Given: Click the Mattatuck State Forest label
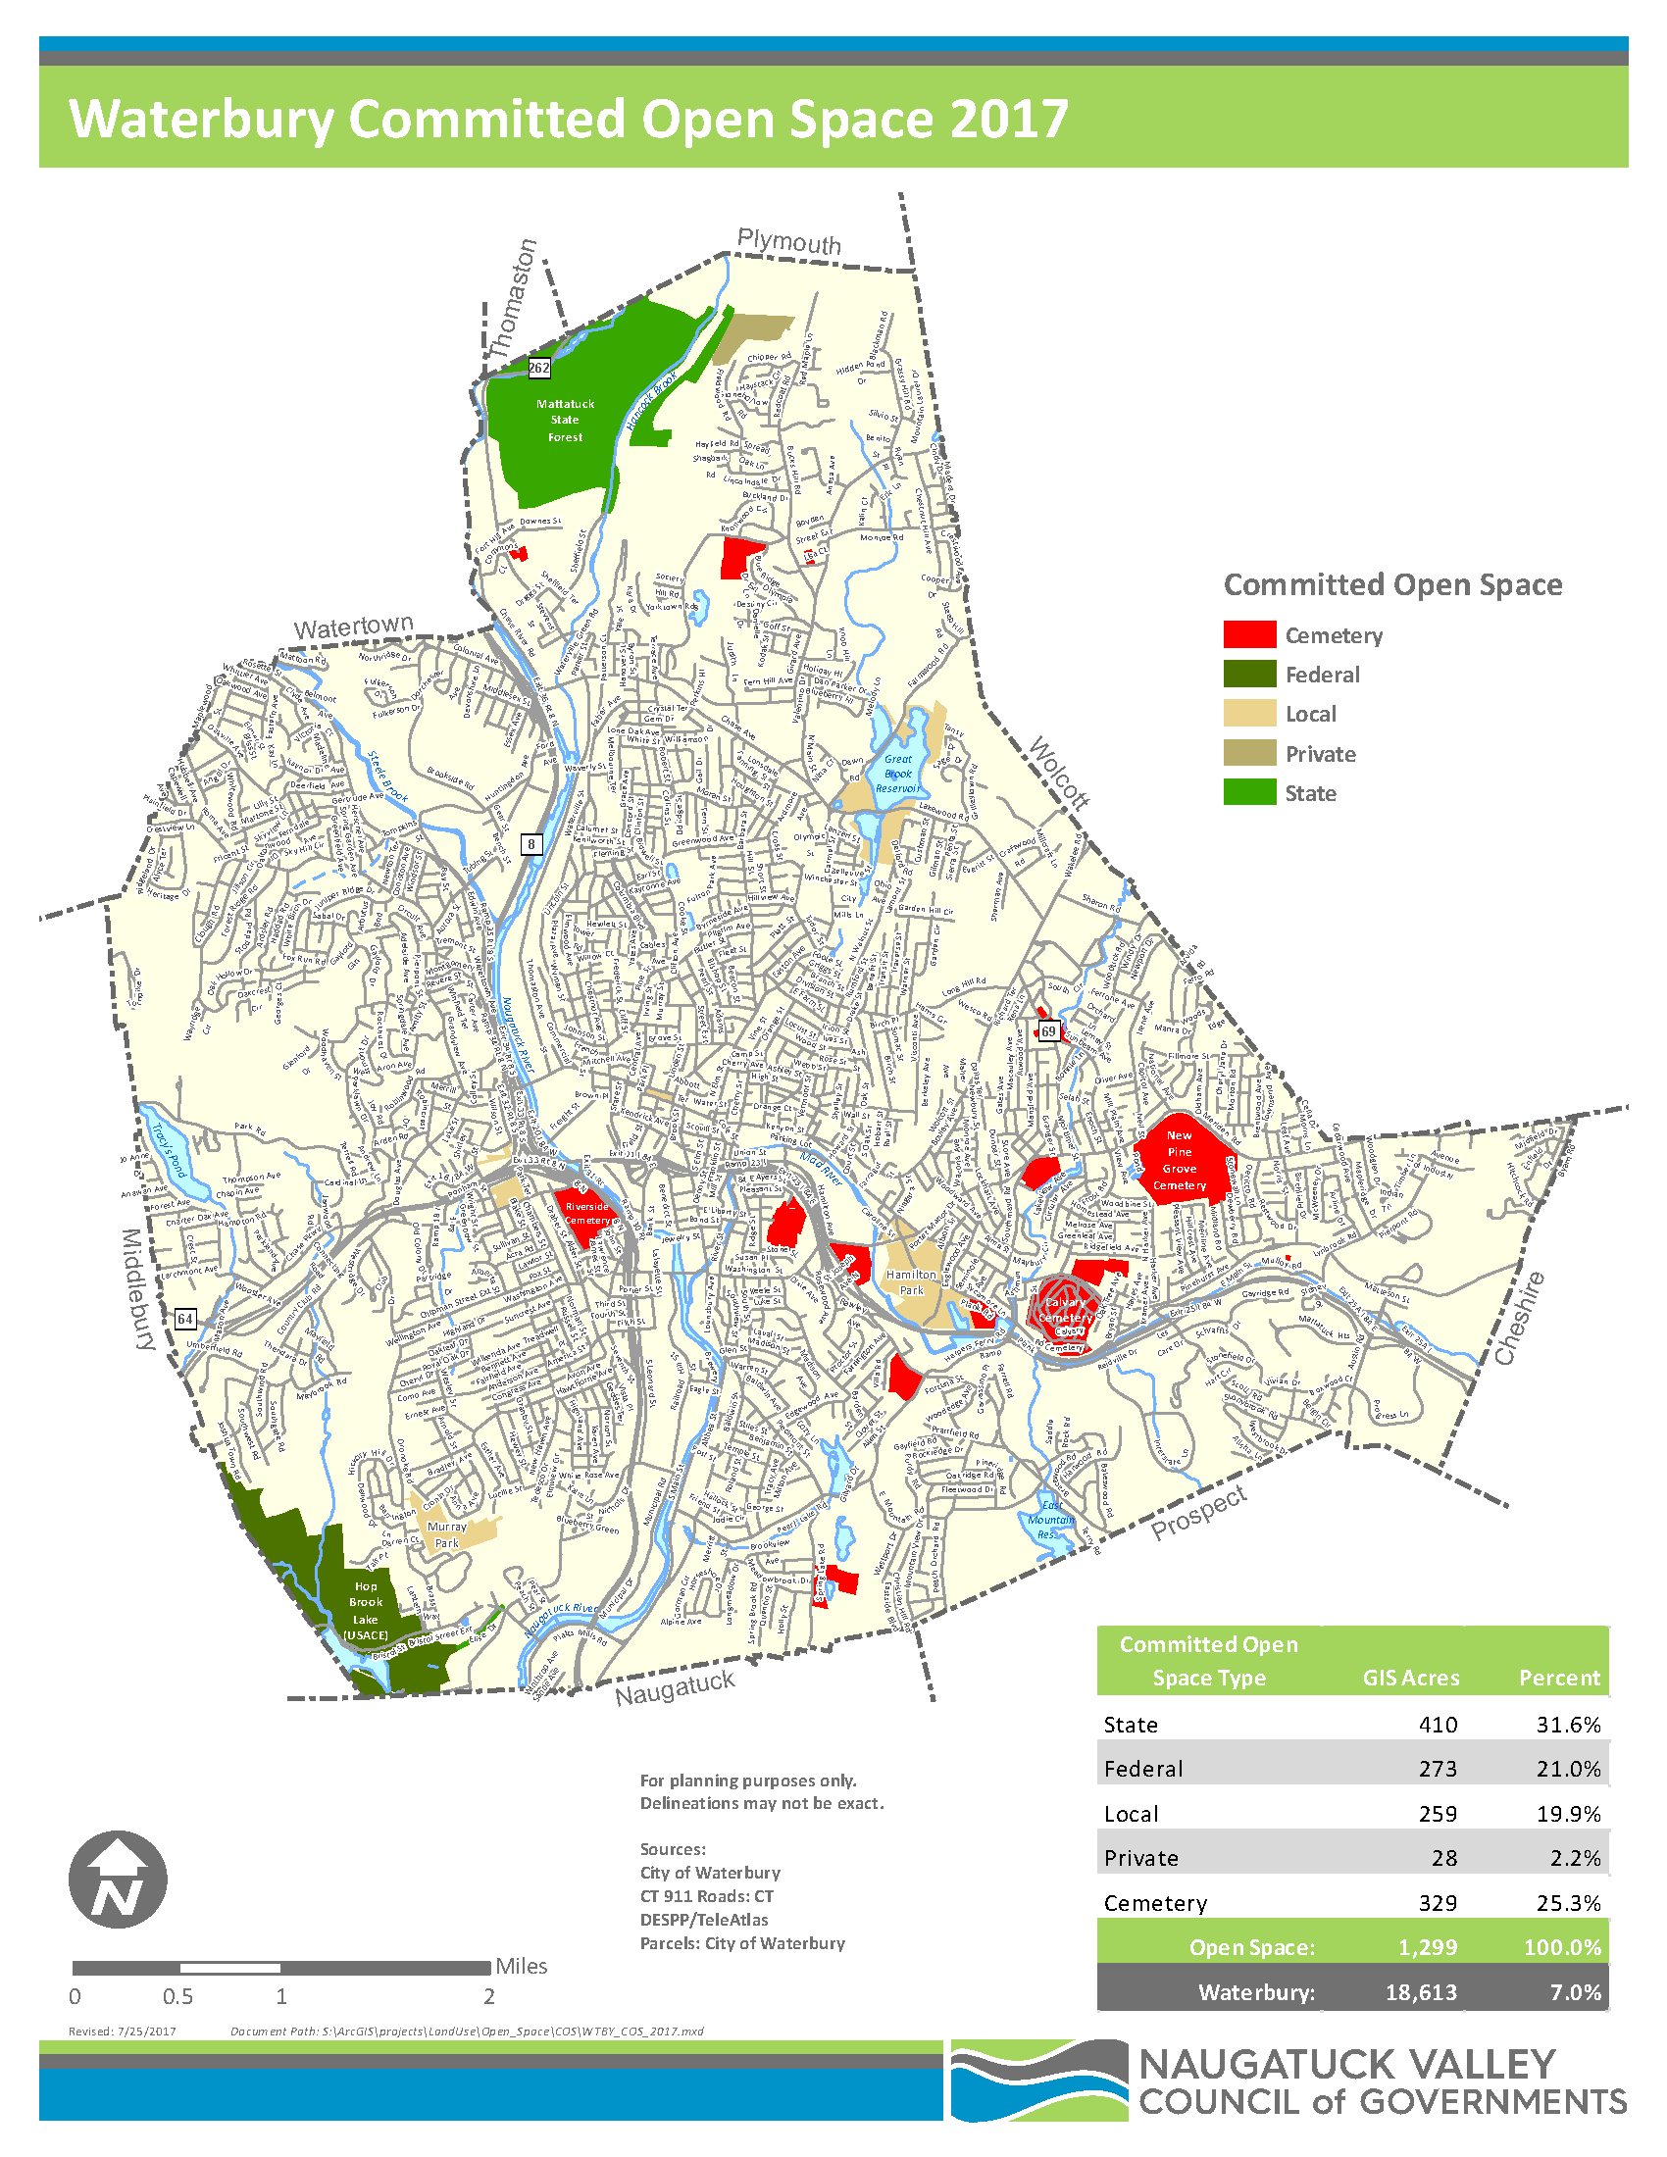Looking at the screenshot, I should point(565,420).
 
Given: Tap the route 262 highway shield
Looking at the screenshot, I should point(539,368).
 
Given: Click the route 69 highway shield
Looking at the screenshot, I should point(1048,1031).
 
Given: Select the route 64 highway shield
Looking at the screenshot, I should point(184,1318).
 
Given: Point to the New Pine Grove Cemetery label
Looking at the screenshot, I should point(1179,1161).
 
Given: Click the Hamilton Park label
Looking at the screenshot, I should point(911,1282).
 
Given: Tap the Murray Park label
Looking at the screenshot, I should point(446,1533).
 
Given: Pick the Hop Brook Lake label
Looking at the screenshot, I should point(366,1610).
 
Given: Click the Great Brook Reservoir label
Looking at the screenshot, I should point(897,774).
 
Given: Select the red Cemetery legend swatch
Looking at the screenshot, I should point(1249,635).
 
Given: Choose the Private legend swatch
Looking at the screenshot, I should point(1249,754).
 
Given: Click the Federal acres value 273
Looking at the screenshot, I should point(1437,1768).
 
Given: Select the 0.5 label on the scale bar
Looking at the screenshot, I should point(177,1996).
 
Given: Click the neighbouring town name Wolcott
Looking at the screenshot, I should point(1060,773).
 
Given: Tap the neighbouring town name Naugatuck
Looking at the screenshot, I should point(675,1688).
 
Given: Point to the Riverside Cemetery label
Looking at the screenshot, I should point(586,1213).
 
